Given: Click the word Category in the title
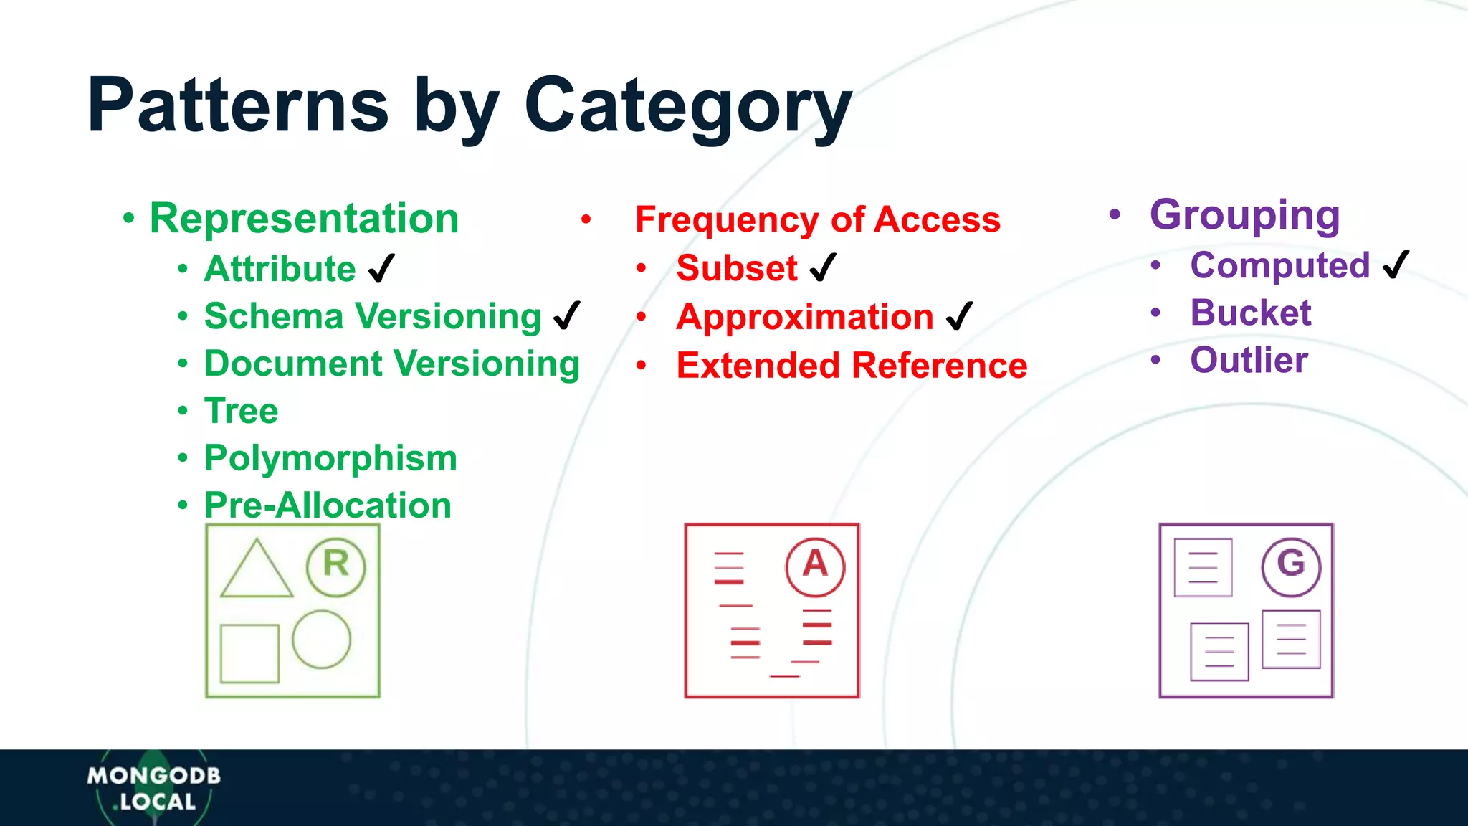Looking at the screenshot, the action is pos(688,106).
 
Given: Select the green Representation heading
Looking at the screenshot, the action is pos(304,218).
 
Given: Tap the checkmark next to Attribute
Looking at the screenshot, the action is pos(381,269).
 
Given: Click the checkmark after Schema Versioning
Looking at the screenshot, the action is pos(567,315).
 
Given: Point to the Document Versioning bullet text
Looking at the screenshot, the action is pos(392,364).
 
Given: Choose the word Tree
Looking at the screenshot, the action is pos(242,411).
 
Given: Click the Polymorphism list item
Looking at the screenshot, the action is pos(330,458).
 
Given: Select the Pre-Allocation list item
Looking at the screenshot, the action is pos(328,505).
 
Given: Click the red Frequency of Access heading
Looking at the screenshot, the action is pos(817,219).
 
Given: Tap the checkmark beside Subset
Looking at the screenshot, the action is pos(823,268).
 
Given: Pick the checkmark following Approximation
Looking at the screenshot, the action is pos(959,316).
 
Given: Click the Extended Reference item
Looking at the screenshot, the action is pos(852,366).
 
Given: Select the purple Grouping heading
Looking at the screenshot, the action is pos(1245,214).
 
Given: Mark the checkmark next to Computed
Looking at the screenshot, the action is pos(1396,265).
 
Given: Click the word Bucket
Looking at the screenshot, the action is pos(1251,313).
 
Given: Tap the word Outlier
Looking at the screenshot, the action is pos(1249,360).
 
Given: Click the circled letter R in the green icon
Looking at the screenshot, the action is pos(335,566).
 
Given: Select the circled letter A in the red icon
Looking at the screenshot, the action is pos(815,566).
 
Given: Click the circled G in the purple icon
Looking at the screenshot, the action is pos(1291,566).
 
